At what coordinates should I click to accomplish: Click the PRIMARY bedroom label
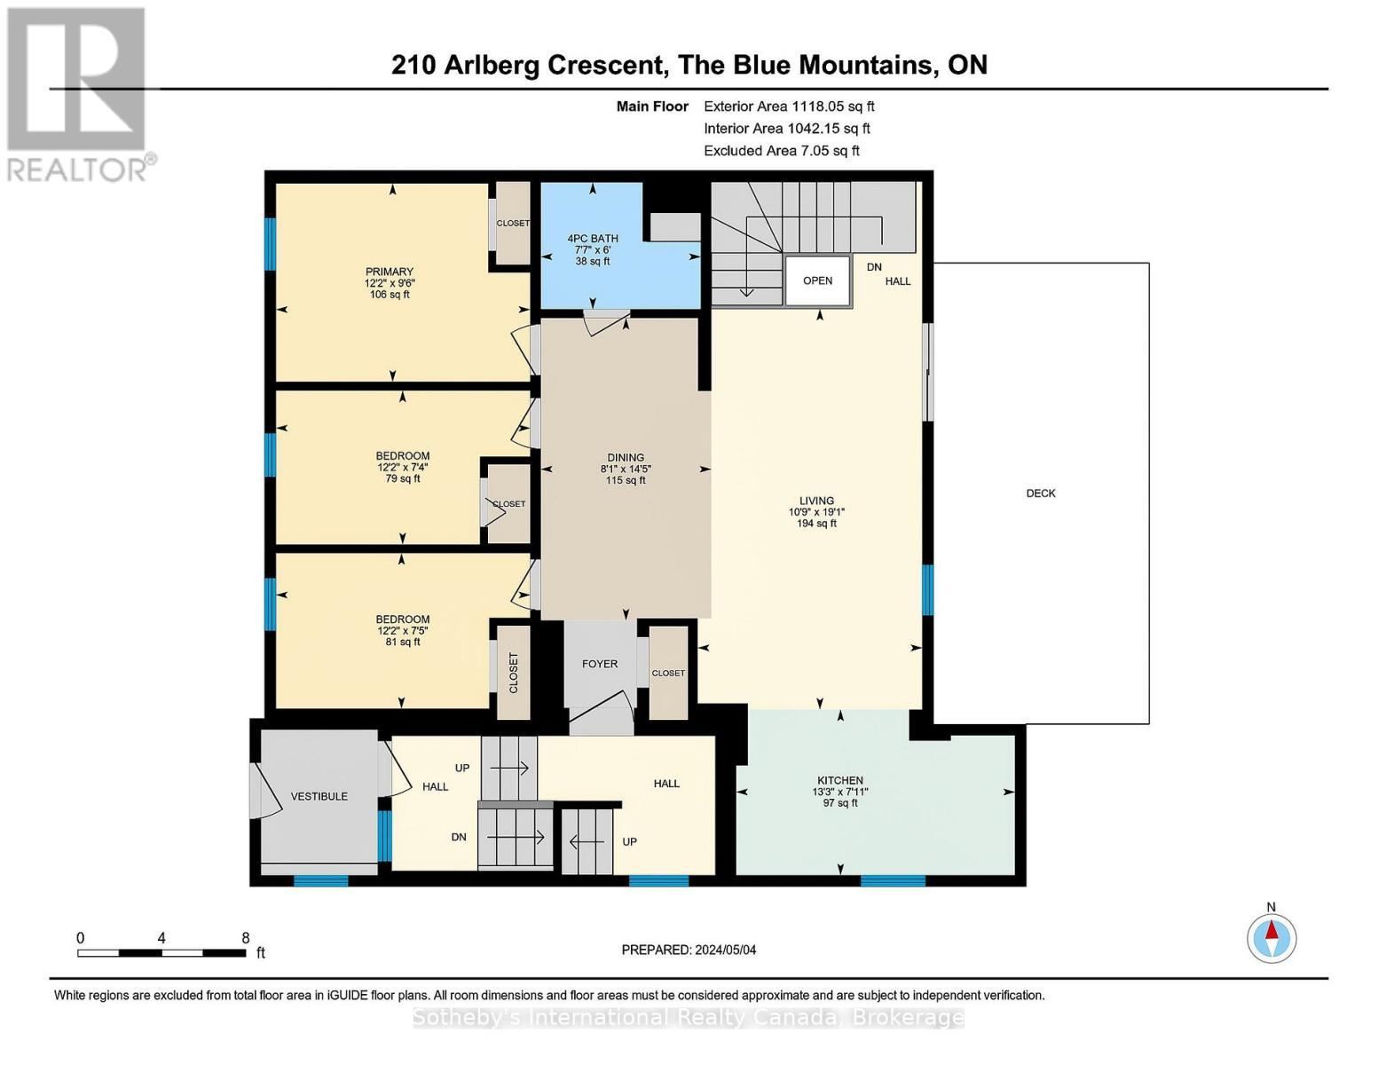click(x=389, y=272)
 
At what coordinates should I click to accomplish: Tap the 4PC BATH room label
click(x=593, y=239)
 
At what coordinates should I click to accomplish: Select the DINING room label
click(x=626, y=458)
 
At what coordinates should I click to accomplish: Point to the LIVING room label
click(x=816, y=501)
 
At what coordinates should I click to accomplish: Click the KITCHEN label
click(x=839, y=781)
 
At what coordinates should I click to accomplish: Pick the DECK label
click(x=1041, y=493)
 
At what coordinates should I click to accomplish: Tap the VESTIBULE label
click(x=319, y=797)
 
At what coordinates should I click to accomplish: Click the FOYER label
click(x=600, y=664)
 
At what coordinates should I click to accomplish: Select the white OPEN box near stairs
click(x=817, y=280)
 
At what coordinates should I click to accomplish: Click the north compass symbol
click(x=1272, y=937)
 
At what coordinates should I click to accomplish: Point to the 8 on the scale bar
click(x=246, y=938)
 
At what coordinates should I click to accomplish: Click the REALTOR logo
click(x=78, y=93)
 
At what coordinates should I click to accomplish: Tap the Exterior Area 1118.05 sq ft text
click(x=789, y=106)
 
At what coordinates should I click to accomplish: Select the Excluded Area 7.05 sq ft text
click(x=781, y=151)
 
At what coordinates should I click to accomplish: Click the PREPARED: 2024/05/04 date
click(x=689, y=951)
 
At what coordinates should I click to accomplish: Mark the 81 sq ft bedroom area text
click(x=403, y=642)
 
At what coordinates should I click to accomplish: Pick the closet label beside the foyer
click(x=668, y=674)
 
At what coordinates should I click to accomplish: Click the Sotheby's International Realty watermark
click(x=689, y=1018)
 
